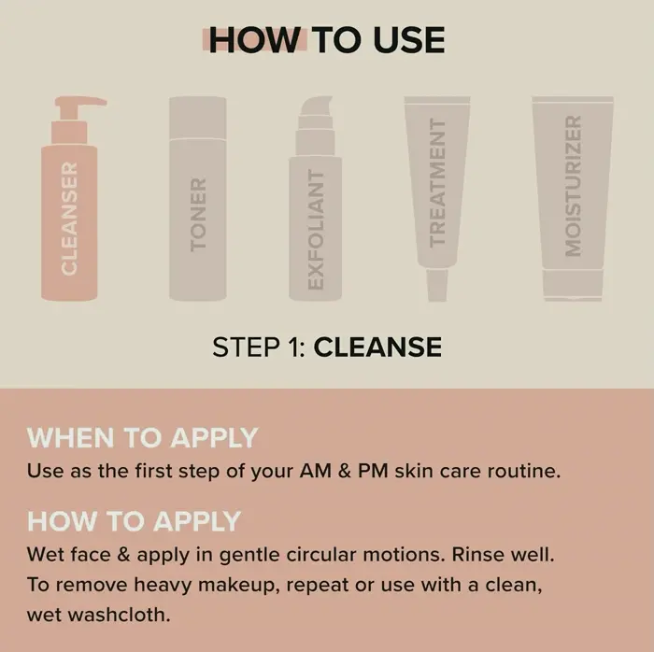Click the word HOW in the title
click(254, 40)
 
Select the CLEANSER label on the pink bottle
click(69, 218)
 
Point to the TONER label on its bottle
click(198, 215)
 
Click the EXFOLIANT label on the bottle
click(316, 229)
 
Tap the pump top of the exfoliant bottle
click(316, 126)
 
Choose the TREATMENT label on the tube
click(437, 183)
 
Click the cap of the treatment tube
click(437, 285)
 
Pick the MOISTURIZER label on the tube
click(573, 186)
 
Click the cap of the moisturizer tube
click(573, 285)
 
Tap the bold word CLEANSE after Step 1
click(377, 347)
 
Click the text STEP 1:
click(259, 347)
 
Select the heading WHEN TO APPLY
click(142, 438)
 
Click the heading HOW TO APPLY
click(134, 521)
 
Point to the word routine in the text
click(524, 471)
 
